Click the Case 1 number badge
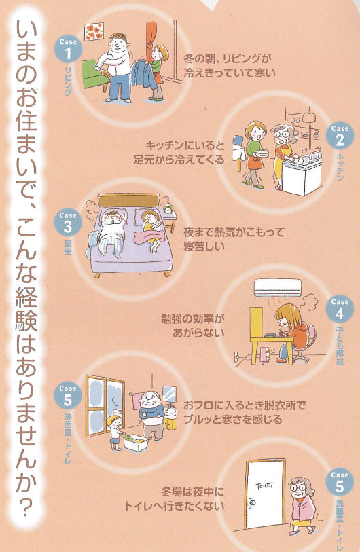point(68,49)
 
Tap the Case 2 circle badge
point(340,136)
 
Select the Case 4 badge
point(340,309)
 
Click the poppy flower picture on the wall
point(94,32)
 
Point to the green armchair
point(95,75)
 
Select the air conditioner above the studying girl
point(278,288)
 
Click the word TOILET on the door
point(264,486)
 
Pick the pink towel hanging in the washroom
point(135,401)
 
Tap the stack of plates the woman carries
point(262,153)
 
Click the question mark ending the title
point(26,509)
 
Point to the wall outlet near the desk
point(237,356)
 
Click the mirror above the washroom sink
point(169,394)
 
